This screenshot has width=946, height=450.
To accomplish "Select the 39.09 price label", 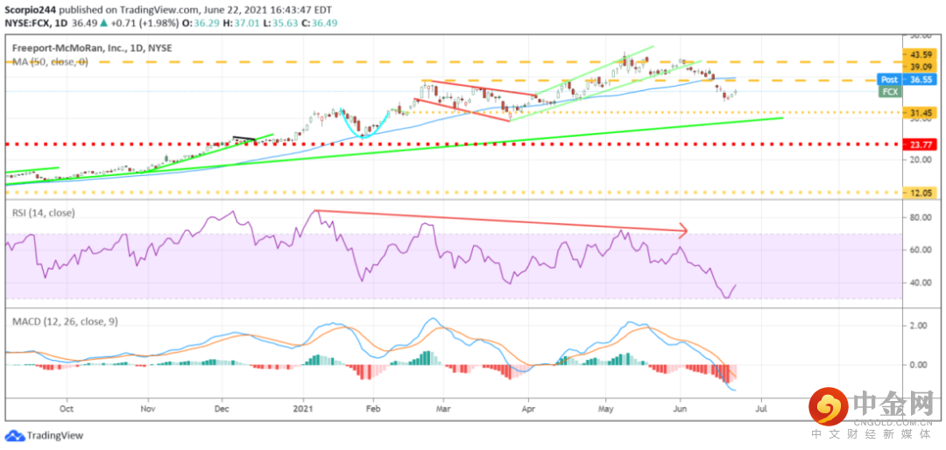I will point(918,67).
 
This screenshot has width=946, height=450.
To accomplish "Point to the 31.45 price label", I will point(918,112).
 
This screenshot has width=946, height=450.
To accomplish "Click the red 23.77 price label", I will point(918,144).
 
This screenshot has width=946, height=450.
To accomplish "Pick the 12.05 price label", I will point(918,192).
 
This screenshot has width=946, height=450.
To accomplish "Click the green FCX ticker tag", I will point(890,91).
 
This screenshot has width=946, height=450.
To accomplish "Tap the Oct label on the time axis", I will point(67,408).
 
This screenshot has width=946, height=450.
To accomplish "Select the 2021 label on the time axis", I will point(303,408).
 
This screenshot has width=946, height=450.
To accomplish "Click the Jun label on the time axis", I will point(681,408).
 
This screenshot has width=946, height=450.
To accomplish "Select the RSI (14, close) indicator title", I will point(43,212).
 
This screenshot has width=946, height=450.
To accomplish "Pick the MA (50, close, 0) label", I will point(49,62).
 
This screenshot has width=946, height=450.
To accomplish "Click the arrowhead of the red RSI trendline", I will point(683,231).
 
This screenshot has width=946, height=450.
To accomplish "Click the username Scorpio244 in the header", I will point(31,8).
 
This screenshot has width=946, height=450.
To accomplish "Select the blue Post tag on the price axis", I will point(888,79).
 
